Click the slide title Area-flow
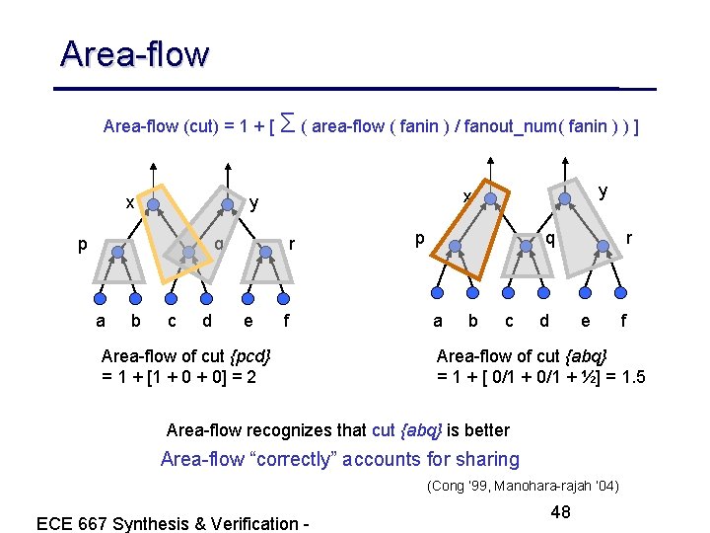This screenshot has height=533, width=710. (134, 53)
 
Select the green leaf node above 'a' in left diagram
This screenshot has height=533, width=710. (101, 295)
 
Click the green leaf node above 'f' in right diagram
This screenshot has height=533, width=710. (621, 291)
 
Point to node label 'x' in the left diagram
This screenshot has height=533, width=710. (129, 203)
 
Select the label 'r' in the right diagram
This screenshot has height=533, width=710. (629, 238)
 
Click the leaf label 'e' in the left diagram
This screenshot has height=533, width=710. (247, 320)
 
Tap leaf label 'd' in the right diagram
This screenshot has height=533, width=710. (543, 320)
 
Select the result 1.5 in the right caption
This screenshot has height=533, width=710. (627, 376)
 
